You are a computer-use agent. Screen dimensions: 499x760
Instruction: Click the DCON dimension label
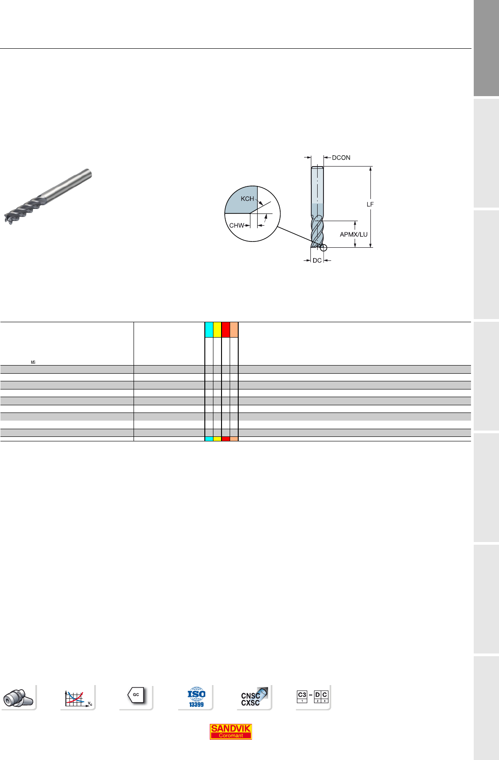tap(341, 158)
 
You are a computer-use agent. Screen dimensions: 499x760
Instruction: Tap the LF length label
tap(370, 204)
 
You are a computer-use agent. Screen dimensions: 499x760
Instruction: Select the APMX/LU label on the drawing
tap(353, 234)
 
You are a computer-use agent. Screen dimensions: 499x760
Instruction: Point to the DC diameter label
tap(317, 260)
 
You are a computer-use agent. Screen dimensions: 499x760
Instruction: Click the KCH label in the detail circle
tap(247, 199)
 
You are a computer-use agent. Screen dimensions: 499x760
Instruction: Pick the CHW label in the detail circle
tap(236, 225)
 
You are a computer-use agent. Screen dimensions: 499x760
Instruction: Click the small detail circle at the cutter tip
tap(323, 248)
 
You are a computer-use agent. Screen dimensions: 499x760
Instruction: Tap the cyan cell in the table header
tap(209, 329)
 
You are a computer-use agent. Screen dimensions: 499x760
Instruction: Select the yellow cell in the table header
tap(217, 329)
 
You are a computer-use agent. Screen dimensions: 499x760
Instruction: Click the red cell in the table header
tap(226, 329)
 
